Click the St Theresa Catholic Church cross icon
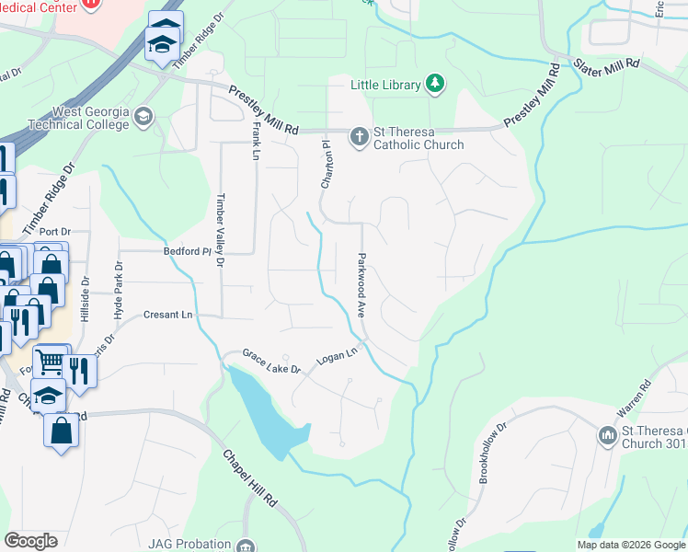tap(360, 137)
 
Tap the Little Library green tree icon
tap(435, 86)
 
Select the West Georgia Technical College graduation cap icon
tap(143, 117)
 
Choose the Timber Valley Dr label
tap(220, 230)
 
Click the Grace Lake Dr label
tap(271, 361)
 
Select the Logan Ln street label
tap(336, 356)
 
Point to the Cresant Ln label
tap(167, 315)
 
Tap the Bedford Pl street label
tap(188, 250)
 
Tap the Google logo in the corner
tap(31, 541)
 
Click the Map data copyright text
tap(631, 545)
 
